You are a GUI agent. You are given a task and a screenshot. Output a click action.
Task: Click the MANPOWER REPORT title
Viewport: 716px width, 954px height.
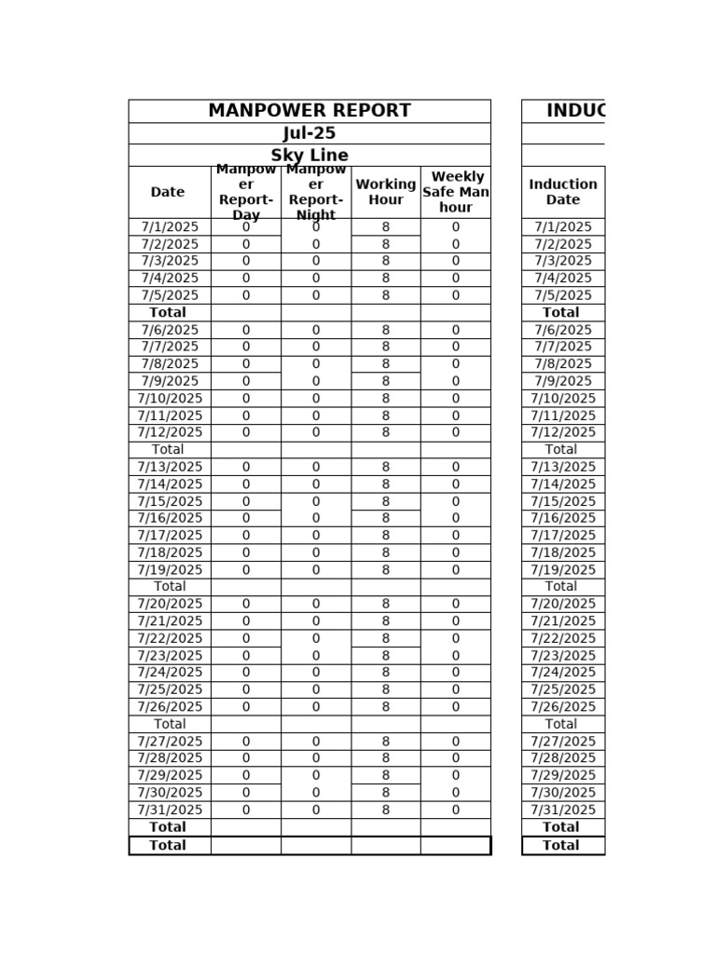click(x=309, y=111)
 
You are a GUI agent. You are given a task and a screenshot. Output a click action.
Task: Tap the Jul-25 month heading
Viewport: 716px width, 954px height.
click(x=309, y=133)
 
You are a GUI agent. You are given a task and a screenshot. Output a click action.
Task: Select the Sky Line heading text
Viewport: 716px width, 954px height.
click(x=309, y=156)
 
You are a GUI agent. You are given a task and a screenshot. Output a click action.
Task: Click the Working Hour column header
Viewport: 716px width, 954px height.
click(x=386, y=192)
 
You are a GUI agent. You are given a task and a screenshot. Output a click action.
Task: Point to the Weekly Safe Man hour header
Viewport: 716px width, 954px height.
click(x=456, y=192)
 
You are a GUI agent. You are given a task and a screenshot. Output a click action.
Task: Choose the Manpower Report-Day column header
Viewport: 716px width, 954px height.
click(x=246, y=192)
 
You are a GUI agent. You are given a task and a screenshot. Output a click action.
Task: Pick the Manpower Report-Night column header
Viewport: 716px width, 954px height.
click(x=316, y=192)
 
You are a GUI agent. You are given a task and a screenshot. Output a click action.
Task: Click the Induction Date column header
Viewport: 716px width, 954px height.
click(x=563, y=192)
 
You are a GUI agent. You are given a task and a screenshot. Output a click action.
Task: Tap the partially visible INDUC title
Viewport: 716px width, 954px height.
click(x=575, y=111)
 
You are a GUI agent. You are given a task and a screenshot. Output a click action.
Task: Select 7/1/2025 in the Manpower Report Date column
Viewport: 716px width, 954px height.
click(x=170, y=227)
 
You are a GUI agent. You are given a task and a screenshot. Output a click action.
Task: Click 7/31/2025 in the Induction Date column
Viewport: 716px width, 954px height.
click(x=563, y=811)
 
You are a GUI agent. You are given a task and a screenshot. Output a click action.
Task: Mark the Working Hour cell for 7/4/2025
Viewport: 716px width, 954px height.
click(x=386, y=279)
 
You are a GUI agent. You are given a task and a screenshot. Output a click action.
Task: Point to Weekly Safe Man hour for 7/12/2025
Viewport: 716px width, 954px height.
click(x=456, y=432)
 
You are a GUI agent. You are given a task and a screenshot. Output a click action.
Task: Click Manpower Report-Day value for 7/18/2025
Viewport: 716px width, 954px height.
click(x=246, y=552)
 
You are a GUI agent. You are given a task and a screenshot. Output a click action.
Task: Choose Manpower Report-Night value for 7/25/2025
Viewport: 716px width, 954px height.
click(x=316, y=689)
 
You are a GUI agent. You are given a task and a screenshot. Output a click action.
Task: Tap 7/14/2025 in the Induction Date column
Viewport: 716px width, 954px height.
click(x=563, y=484)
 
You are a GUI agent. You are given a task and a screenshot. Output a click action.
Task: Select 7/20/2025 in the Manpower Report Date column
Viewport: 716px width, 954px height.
click(x=170, y=604)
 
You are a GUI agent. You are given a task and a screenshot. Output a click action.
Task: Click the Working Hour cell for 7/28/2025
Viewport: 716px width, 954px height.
click(x=386, y=758)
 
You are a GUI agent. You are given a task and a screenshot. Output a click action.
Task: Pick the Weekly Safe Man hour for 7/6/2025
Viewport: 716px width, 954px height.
click(x=456, y=330)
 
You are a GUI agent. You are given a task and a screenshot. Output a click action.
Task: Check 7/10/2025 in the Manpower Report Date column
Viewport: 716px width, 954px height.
click(x=170, y=399)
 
